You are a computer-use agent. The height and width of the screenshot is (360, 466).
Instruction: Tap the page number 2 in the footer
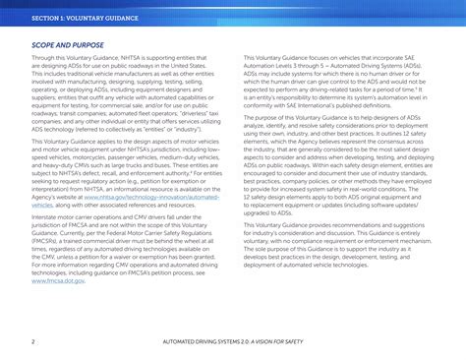[x=32, y=341]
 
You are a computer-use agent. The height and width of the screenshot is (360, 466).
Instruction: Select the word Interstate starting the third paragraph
[x=48, y=217]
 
